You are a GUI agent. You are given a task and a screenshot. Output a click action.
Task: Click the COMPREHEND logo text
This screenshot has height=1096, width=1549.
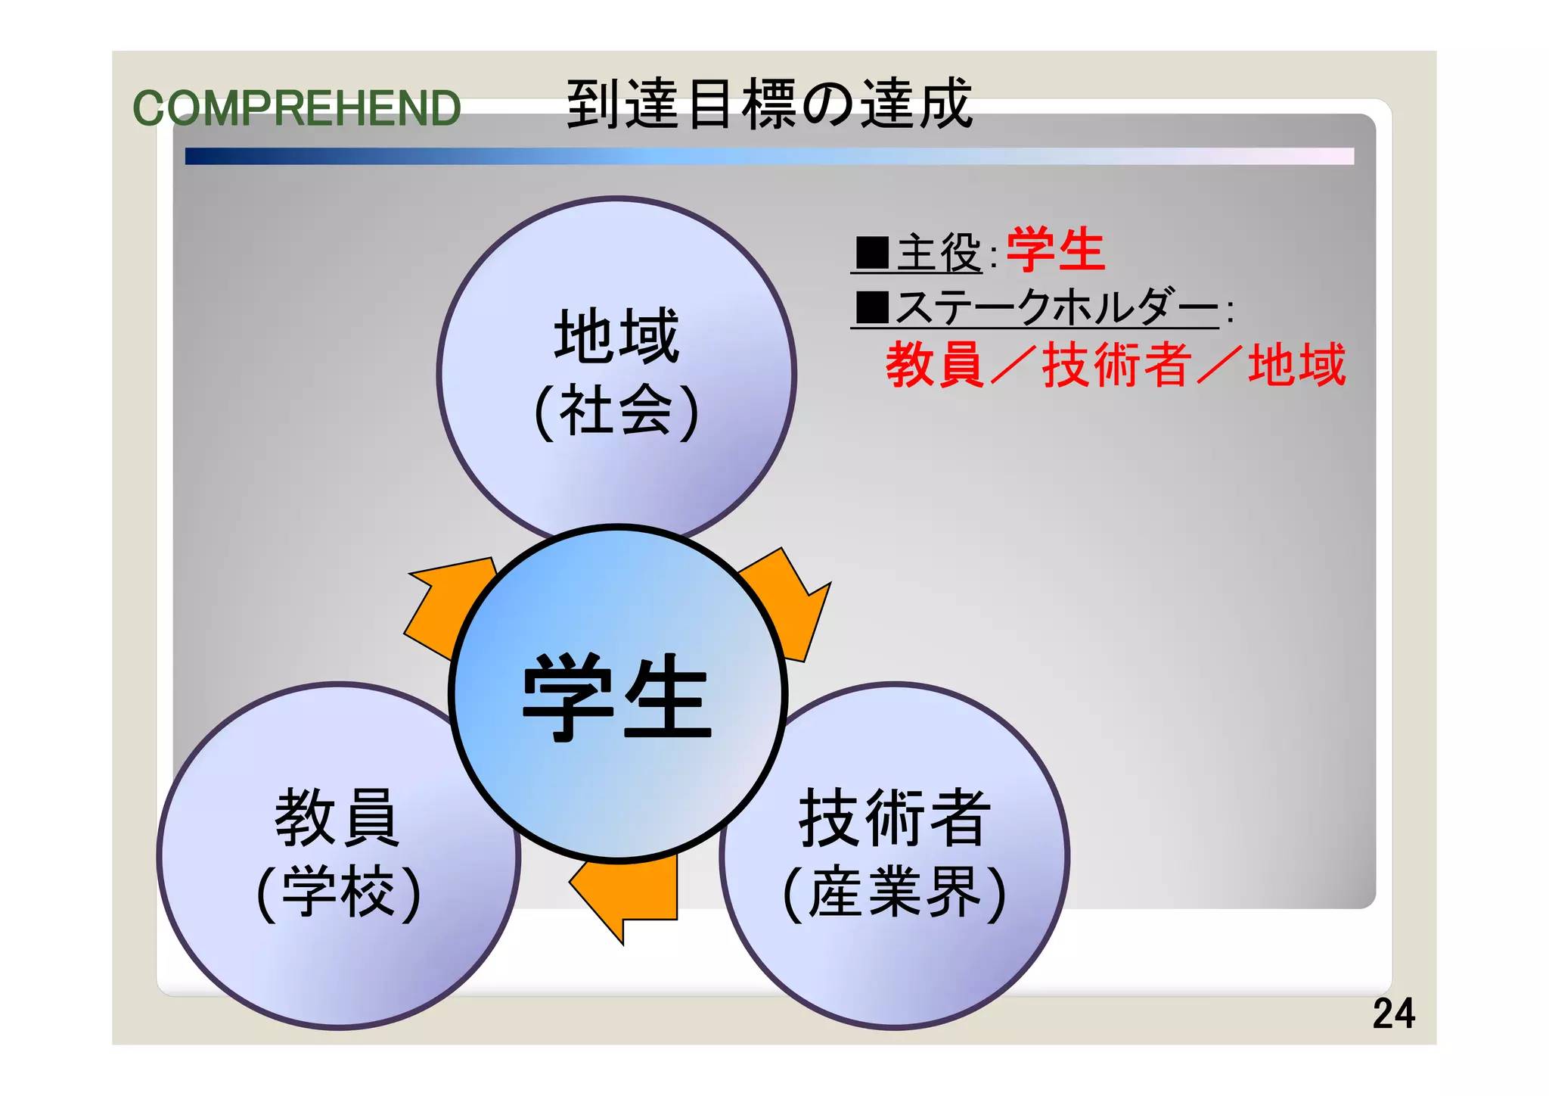296,108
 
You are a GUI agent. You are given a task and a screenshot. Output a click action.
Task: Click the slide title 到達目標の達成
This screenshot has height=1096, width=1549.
768,104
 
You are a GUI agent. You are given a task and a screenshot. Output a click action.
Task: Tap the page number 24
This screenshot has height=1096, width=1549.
1393,1013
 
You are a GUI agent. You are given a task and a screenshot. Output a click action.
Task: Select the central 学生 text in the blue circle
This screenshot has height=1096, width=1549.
616,697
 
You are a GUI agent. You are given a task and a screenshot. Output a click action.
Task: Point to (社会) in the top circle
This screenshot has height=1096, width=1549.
616,411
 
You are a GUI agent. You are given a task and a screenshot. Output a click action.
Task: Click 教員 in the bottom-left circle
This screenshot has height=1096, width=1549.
337,817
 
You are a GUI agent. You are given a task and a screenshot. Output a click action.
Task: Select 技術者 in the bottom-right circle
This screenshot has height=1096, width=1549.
895,817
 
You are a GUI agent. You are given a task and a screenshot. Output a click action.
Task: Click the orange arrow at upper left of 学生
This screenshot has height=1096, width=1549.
446,606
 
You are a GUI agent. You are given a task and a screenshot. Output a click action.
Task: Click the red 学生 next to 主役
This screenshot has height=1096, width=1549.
1056,250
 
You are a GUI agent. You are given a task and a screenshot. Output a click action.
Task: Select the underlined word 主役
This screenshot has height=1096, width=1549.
939,253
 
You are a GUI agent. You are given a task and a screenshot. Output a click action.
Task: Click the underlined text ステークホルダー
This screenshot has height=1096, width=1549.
1057,307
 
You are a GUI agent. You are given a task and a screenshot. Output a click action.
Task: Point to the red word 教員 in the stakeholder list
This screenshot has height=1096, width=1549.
935,365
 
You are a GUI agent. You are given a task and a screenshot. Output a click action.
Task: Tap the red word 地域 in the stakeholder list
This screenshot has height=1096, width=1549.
1296,365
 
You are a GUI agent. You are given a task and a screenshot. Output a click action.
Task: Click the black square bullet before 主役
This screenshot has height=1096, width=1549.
872,253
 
